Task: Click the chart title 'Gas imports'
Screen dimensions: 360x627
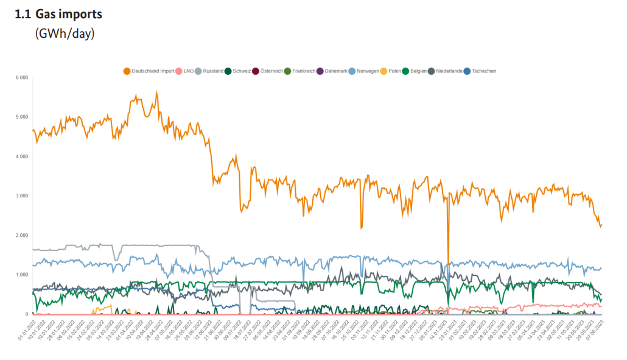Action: pos(68,14)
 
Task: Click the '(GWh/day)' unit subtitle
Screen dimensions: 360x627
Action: pos(65,34)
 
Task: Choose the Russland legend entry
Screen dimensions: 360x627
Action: pos(213,71)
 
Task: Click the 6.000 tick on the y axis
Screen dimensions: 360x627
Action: pos(22,77)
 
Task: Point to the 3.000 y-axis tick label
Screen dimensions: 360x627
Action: pos(22,196)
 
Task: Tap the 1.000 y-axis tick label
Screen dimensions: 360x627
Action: pos(22,275)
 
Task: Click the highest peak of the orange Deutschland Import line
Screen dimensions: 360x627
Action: pos(156,92)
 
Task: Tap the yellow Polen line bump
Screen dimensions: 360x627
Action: pos(108,306)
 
